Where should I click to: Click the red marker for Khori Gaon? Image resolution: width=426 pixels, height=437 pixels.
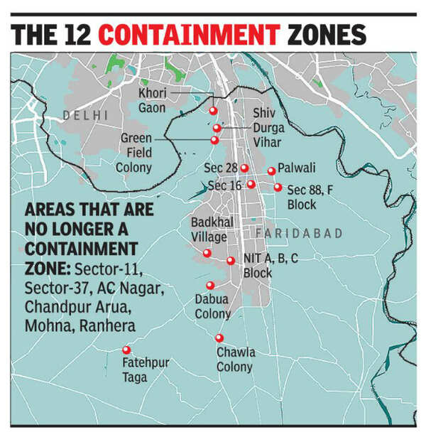(212, 110)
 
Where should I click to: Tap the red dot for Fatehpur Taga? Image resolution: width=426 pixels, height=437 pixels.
(126, 350)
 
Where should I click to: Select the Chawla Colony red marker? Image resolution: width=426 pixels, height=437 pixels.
(219, 338)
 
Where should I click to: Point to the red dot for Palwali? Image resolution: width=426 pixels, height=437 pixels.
(271, 171)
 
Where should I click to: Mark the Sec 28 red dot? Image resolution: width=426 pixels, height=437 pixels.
(244, 168)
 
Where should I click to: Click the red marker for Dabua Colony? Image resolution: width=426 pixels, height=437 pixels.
(210, 285)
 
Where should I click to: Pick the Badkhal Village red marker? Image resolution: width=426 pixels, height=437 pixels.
(207, 253)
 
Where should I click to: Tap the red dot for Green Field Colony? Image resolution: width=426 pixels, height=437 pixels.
(214, 140)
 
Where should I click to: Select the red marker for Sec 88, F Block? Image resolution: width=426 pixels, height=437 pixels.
(278, 188)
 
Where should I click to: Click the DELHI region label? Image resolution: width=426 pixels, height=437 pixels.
(84, 114)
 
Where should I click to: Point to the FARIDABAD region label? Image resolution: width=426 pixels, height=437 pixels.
(298, 233)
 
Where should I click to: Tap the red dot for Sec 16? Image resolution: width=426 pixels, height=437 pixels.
(251, 184)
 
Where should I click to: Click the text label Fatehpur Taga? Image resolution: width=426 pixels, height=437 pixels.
(145, 370)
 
